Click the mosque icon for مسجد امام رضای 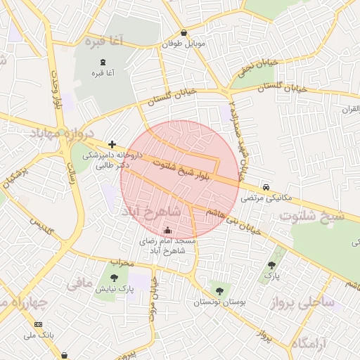[167, 230]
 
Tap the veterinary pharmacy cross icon [111, 143]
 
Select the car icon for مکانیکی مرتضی [266, 187]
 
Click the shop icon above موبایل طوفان [184, 32]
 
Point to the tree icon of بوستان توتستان [219, 290]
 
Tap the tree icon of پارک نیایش [115, 277]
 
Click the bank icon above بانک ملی [38, 324]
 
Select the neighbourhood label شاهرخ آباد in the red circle [151, 211]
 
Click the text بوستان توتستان [222, 302]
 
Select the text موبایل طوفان [184, 44]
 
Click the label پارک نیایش [115, 289]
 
